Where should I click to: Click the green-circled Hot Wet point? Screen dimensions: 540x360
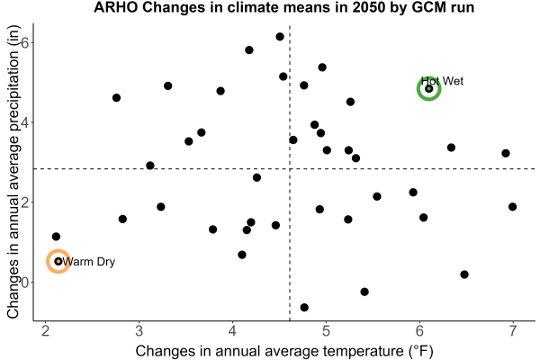point(428,89)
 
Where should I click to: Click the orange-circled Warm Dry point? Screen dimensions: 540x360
point(58,262)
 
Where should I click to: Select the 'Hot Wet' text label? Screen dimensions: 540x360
point(442,81)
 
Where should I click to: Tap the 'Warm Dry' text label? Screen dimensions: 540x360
point(88,262)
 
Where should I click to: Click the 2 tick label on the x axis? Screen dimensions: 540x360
point(46,331)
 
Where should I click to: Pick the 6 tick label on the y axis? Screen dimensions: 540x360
point(25,42)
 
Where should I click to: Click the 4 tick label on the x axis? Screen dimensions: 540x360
point(232,331)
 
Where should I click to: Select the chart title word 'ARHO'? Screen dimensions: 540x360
point(116,7)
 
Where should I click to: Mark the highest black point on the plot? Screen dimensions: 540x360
point(280,37)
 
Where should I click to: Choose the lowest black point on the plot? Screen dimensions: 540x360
point(304,307)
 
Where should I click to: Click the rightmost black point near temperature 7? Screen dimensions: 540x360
point(512,207)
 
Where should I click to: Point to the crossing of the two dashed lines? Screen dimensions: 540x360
point(290,169)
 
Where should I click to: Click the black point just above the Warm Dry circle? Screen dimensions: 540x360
point(56,237)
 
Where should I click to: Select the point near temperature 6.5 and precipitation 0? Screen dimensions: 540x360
point(464,274)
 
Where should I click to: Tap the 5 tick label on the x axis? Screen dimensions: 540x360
point(326,331)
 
